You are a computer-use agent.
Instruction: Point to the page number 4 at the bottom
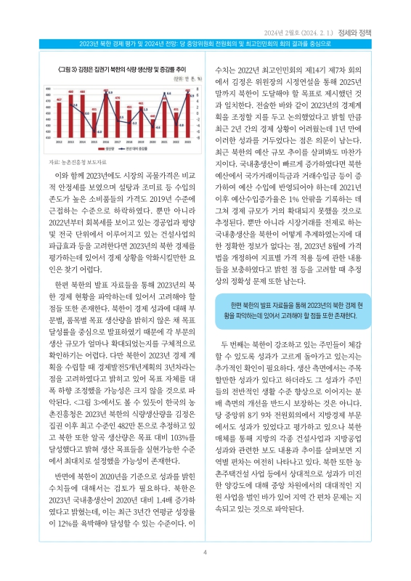[x=206, y=554]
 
